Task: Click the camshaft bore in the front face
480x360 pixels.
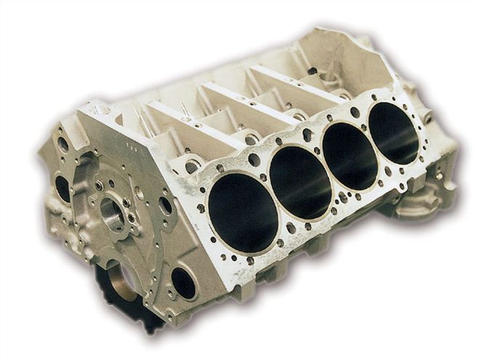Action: tap(113, 212)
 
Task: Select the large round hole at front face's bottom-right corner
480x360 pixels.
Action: tap(183, 283)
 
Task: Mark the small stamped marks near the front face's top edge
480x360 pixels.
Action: tap(132, 145)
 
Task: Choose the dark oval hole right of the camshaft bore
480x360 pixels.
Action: tap(166, 205)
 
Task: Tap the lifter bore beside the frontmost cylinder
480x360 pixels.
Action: tap(193, 166)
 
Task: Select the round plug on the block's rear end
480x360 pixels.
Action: tap(428, 117)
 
